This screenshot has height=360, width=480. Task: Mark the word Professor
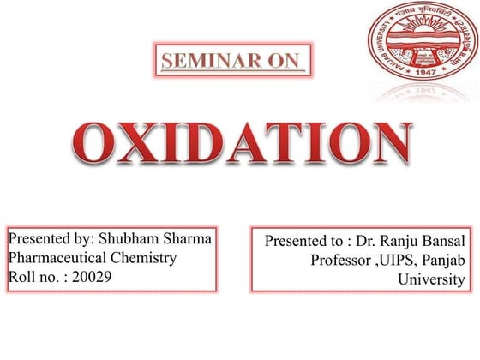tap(339, 261)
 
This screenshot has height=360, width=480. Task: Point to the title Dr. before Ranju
tap(370, 243)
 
